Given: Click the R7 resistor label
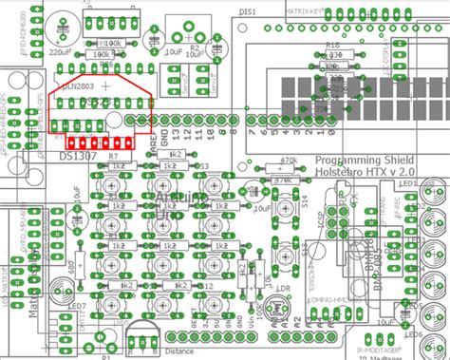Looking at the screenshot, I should coord(113,155).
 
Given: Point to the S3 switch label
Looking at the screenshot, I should coord(203,165).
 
